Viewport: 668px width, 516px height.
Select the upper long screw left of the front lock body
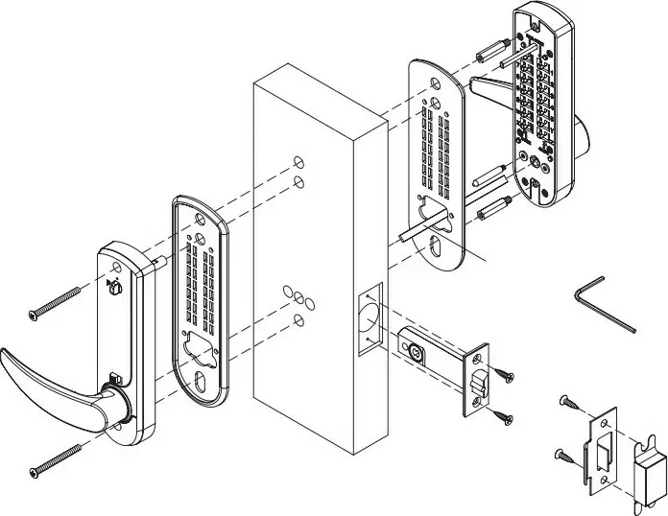pos(60,301)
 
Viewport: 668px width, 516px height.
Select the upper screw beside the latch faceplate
pos(506,369)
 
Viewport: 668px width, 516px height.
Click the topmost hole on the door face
pos(298,159)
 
